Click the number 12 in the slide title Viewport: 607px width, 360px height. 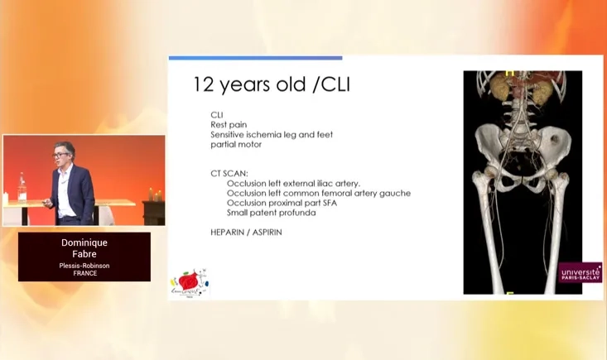203,84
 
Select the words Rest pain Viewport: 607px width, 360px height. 229,125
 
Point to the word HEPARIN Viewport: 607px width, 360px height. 229,233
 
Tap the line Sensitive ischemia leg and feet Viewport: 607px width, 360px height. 272,134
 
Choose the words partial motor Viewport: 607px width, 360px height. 236,144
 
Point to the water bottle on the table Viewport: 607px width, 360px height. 22,186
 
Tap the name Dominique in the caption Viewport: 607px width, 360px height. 84,242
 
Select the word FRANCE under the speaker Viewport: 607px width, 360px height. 84,274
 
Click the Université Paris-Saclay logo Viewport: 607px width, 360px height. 581,273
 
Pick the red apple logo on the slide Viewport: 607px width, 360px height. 189,282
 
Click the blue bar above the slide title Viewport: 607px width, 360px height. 255,58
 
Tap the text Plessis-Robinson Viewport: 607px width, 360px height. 84,266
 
